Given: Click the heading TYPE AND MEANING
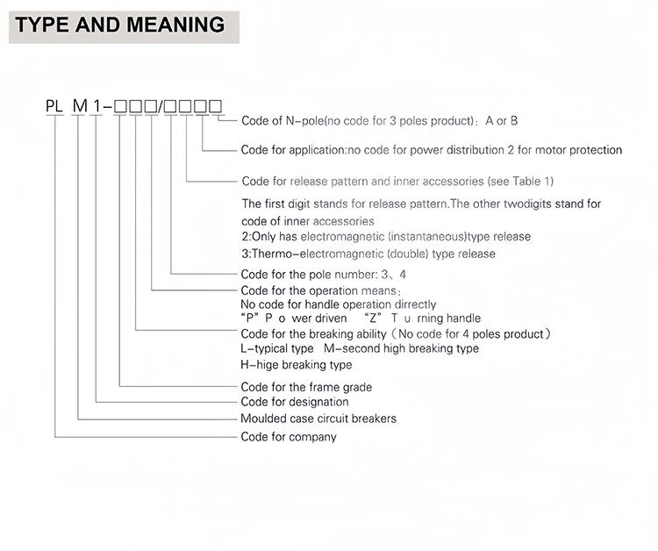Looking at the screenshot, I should tap(120, 25).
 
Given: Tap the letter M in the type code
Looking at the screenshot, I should tap(80, 107).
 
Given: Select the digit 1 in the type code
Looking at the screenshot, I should tap(96, 107).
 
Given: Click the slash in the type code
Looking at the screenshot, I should tap(161, 107).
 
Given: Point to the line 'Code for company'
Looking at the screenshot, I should tap(288, 436).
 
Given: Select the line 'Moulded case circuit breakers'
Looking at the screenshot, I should tap(318, 419).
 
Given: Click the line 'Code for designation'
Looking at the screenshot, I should tap(294, 402).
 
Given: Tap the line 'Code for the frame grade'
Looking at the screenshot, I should tap(306, 387).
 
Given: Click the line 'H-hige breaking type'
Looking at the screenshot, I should tap(296, 364).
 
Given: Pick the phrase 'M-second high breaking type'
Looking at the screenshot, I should tap(401, 348).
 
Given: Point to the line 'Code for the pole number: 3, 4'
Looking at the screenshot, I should tap(324, 274).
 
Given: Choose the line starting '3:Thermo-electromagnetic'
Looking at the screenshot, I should tap(368, 254).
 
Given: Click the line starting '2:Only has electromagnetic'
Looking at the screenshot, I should tap(385, 237).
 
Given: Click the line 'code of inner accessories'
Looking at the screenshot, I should tap(307, 220).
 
